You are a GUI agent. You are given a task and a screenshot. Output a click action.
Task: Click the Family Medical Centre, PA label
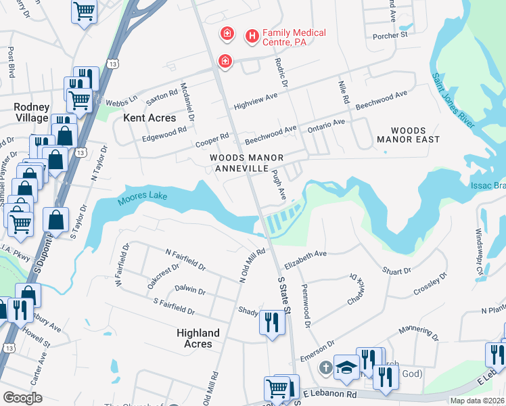pyautogui.click(x=294, y=37)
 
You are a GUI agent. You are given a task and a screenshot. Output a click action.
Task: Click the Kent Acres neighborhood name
pyautogui.click(x=149, y=118)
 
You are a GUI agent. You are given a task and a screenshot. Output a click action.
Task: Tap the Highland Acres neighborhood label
pyautogui.click(x=198, y=338)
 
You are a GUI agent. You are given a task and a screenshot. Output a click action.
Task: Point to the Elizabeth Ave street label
pyautogui.click(x=305, y=255)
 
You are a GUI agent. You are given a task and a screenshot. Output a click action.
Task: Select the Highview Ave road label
pyautogui.click(x=256, y=101)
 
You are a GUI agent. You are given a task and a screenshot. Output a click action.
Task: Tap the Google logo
pyautogui.click(x=23, y=398)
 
